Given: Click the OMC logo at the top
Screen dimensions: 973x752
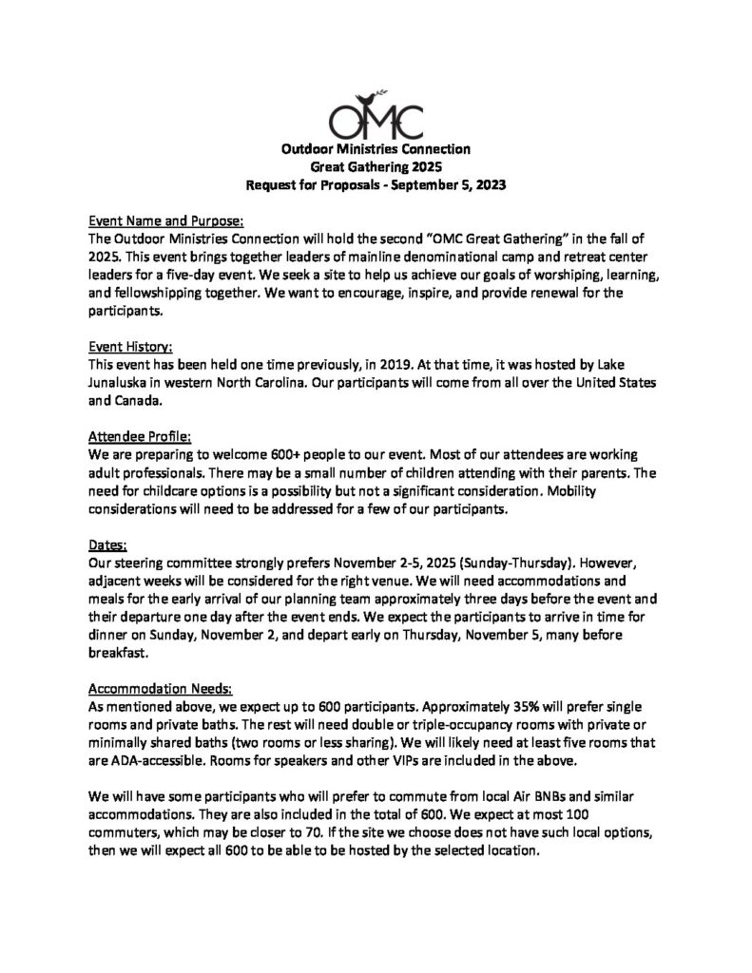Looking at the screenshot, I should tap(375, 117).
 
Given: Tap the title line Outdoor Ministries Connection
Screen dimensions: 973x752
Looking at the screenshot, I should tap(375, 150).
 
